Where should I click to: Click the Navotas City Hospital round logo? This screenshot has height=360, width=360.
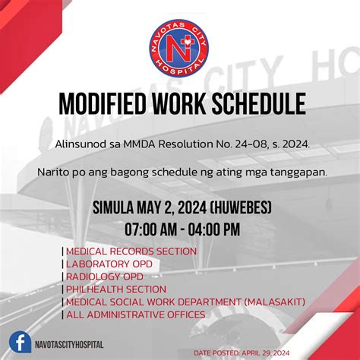[179, 50]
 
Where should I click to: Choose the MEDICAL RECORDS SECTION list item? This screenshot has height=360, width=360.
[131, 251]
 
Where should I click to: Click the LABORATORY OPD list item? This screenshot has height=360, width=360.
[109, 264]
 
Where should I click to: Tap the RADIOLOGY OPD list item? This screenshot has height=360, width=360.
[105, 277]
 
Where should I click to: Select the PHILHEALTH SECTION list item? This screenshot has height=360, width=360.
[116, 289]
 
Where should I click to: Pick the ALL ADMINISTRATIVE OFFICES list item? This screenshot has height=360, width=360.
[135, 314]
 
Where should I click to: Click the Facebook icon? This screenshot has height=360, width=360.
[21, 343]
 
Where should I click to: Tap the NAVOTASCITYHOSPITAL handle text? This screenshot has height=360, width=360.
[69, 345]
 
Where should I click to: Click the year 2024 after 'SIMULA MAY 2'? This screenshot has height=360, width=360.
[190, 207]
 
